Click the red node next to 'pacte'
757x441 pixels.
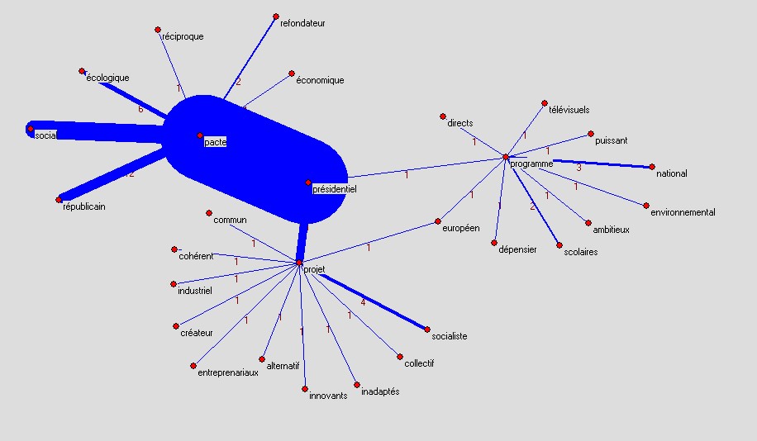coord(200,135)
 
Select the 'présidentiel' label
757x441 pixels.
coord(335,189)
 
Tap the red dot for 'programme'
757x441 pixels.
coord(506,157)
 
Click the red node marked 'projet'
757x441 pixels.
coord(299,263)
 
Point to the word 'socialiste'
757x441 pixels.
coord(450,336)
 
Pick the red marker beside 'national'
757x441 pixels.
coord(652,167)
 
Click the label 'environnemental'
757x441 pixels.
coord(683,212)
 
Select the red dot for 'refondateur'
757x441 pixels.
coord(276,17)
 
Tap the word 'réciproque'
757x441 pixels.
coord(183,36)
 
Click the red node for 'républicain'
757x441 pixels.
coord(59,200)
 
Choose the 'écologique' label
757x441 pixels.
coord(107,78)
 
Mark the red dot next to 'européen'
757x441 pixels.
coord(438,221)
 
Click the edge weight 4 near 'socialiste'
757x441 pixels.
coord(363,302)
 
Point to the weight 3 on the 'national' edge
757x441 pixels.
coord(578,168)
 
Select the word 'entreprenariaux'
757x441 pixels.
coord(228,373)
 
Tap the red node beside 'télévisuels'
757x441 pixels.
coord(545,103)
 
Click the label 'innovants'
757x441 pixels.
coord(328,396)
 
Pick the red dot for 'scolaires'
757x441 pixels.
coord(559,245)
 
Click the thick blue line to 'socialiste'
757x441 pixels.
coord(374,301)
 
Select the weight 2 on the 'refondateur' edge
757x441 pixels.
coord(238,82)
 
